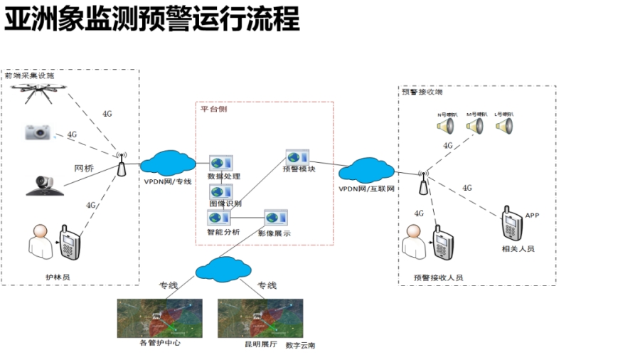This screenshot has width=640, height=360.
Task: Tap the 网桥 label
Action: click(x=84, y=169)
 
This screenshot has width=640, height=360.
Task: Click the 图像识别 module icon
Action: click(x=220, y=191)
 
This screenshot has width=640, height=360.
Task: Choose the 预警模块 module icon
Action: click(x=297, y=157)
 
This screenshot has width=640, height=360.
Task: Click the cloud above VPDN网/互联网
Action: click(x=366, y=171)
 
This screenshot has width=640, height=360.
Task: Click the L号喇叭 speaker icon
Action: click(x=503, y=127)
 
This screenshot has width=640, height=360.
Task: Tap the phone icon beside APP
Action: click(x=510, y=223)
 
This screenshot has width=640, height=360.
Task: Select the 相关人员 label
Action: click(x=518, y=249)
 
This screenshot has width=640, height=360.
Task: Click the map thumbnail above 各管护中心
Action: click(x=159, y=318)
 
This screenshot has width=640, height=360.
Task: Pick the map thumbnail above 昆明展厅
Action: click(x=260, y=318)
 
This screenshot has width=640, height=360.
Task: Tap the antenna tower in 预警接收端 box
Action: click(x=423, y=184)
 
